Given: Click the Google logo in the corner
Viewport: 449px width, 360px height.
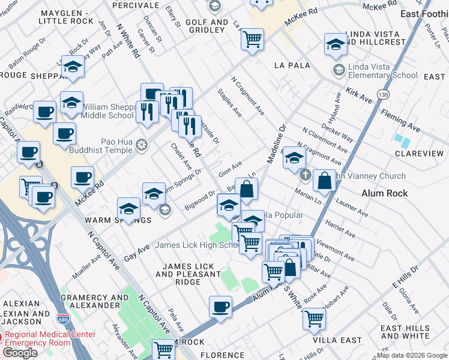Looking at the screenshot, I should pyautogui.click(x=20, y=353).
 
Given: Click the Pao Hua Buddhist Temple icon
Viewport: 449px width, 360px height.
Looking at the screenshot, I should pyautogui.click(x=141, y=145).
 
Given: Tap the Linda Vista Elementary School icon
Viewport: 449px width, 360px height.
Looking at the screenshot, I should pyautogui.click(x=339, y=70).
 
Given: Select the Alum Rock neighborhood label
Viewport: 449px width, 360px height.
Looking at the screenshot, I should pyautogui.click(x=385, y=193).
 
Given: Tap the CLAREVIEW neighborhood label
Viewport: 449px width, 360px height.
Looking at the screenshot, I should pyautogui.click(x=420, y=154).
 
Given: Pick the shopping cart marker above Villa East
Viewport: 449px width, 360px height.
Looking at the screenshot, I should pyautogui.click(x=314, y=318).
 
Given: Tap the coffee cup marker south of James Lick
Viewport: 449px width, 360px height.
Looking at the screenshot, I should pyautogui.click(x=220, y=307).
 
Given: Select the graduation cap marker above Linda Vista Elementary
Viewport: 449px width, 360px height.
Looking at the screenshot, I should pyautogui.click(x=336, y=44).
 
